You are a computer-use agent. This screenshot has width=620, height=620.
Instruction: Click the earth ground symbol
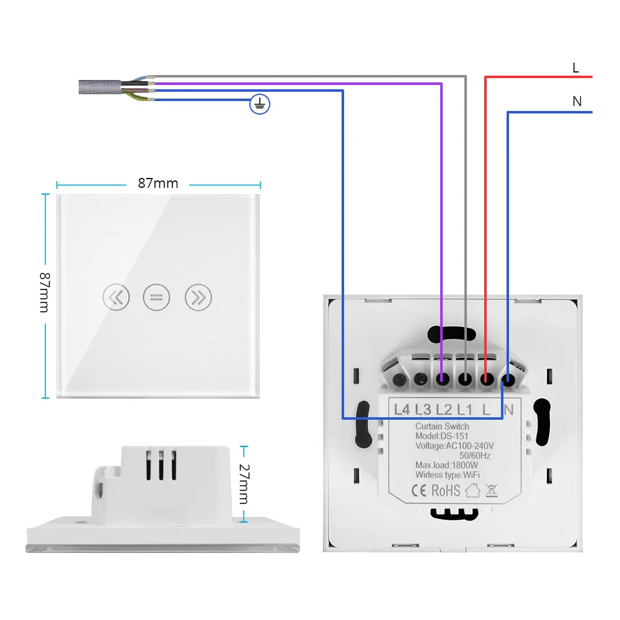[260, 105]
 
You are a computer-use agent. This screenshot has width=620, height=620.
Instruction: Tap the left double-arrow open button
[116, 298]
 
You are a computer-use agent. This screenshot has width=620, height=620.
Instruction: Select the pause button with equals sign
[156, 298]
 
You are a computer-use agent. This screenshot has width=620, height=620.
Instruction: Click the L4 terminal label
[402, 409]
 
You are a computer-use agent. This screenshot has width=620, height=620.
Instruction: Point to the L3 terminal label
[423, 409]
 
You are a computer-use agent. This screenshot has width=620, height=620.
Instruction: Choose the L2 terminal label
[444, 409]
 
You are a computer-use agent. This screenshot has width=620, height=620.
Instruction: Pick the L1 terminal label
[465, 409]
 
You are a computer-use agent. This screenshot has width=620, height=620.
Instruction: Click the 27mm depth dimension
[244, 484]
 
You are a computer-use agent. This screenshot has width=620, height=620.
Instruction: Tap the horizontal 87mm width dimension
[157, 184]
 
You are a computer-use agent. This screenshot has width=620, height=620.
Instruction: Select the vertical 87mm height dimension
[44, 292]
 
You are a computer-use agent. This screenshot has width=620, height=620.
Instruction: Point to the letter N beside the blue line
[577, 101]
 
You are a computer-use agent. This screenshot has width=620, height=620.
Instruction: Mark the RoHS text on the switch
[446, 491]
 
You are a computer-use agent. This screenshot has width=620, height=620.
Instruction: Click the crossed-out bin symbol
[493, 491]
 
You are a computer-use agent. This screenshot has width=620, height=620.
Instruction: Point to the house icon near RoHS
[473, 491]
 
